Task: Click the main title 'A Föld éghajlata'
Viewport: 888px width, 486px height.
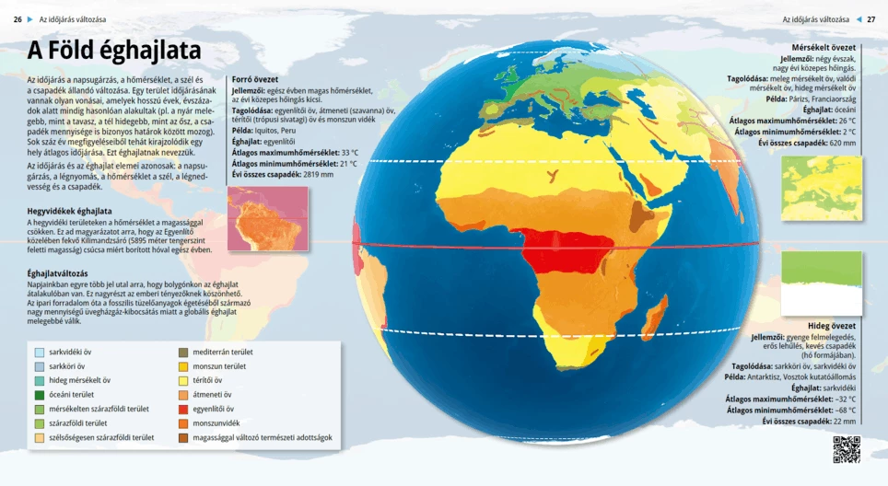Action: [x=114, y=51]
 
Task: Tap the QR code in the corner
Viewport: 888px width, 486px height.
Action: [x=846, y=449]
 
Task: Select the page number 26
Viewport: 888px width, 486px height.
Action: [x=18, y=18]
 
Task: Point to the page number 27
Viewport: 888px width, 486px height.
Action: [x=871, y=18]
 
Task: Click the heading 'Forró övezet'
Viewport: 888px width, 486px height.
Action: [x=254, y=79]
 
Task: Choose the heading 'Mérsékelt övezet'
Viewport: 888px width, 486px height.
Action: [x=824, y=47]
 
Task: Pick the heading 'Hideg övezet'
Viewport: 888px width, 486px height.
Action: [x=832, y=326]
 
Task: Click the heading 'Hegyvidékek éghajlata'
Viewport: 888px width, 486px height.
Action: [x=69, y=211]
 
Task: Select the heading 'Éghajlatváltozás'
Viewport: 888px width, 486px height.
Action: [x=58, y=273]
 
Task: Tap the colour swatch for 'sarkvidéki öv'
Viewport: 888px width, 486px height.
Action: [x=40, y=353]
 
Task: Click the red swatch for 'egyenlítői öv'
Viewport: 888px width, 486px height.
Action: [x=184, y=410]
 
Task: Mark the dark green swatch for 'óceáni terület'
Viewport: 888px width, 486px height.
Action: [x=40, y=395]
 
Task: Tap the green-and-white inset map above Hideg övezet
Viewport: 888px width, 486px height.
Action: [x=822, y=283]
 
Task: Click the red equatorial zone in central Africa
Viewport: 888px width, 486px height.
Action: [x=563, y=249]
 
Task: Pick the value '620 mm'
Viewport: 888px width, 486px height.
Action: [x=842, y=143]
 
